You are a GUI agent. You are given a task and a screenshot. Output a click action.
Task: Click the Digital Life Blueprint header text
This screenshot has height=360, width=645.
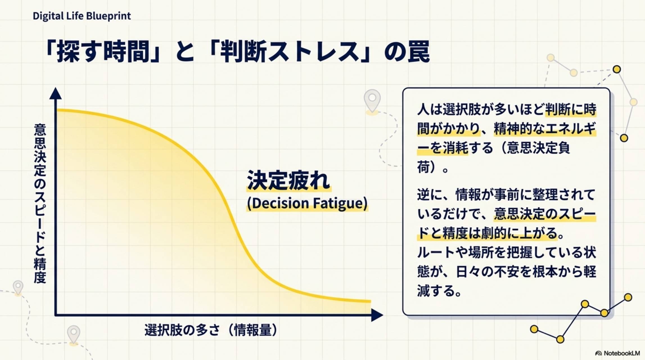pos(82,16)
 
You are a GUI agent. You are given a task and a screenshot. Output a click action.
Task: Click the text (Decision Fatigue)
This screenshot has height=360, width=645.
pos(307,203)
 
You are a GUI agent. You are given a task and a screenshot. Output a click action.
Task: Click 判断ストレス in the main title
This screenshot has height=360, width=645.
pos(290,52)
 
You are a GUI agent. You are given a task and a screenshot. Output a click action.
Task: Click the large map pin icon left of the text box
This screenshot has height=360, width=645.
pos(372,100)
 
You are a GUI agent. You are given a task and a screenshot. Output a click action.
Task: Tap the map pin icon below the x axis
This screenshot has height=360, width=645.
pos(74,334)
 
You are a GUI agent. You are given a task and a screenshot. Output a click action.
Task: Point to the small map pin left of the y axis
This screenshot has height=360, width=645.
pos(18,287)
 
